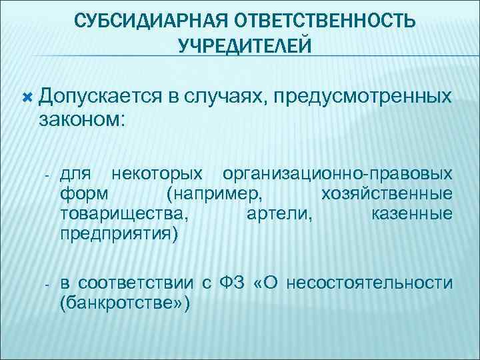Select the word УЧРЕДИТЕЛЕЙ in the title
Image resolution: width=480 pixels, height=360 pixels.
pyautogui.click(x=244, y=45)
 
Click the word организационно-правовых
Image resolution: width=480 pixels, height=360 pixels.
pyautogui.click(x=338, y=175)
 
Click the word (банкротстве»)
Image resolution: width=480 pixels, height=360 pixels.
pyautogui.click(x=125, y=304)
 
